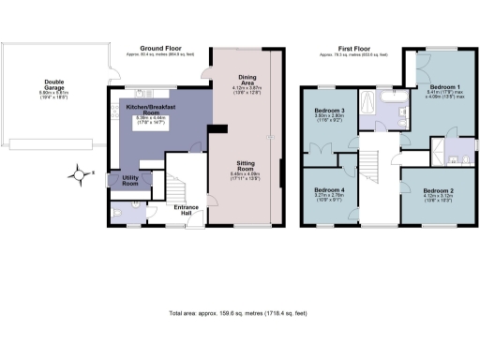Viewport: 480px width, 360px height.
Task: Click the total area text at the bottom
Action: pyautogui.click(x=239, y=313)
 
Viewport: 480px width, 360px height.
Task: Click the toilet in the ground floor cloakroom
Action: pyautogui.click(x=114, y=214)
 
